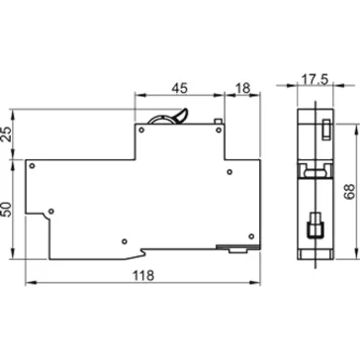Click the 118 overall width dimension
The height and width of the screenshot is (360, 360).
pos(143,276)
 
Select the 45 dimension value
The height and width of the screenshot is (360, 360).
pos(180,88)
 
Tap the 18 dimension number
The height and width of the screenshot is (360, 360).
pos(243,88)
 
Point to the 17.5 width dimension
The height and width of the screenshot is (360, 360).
pos(315,80)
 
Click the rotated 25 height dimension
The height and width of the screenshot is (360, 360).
pos(7,134)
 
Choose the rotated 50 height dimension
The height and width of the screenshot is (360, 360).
pos(7,210)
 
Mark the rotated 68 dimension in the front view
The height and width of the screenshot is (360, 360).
pos(349,192)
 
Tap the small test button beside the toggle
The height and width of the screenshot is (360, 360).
pos(218,121)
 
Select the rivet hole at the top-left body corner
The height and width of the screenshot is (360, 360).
pos(32,165)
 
